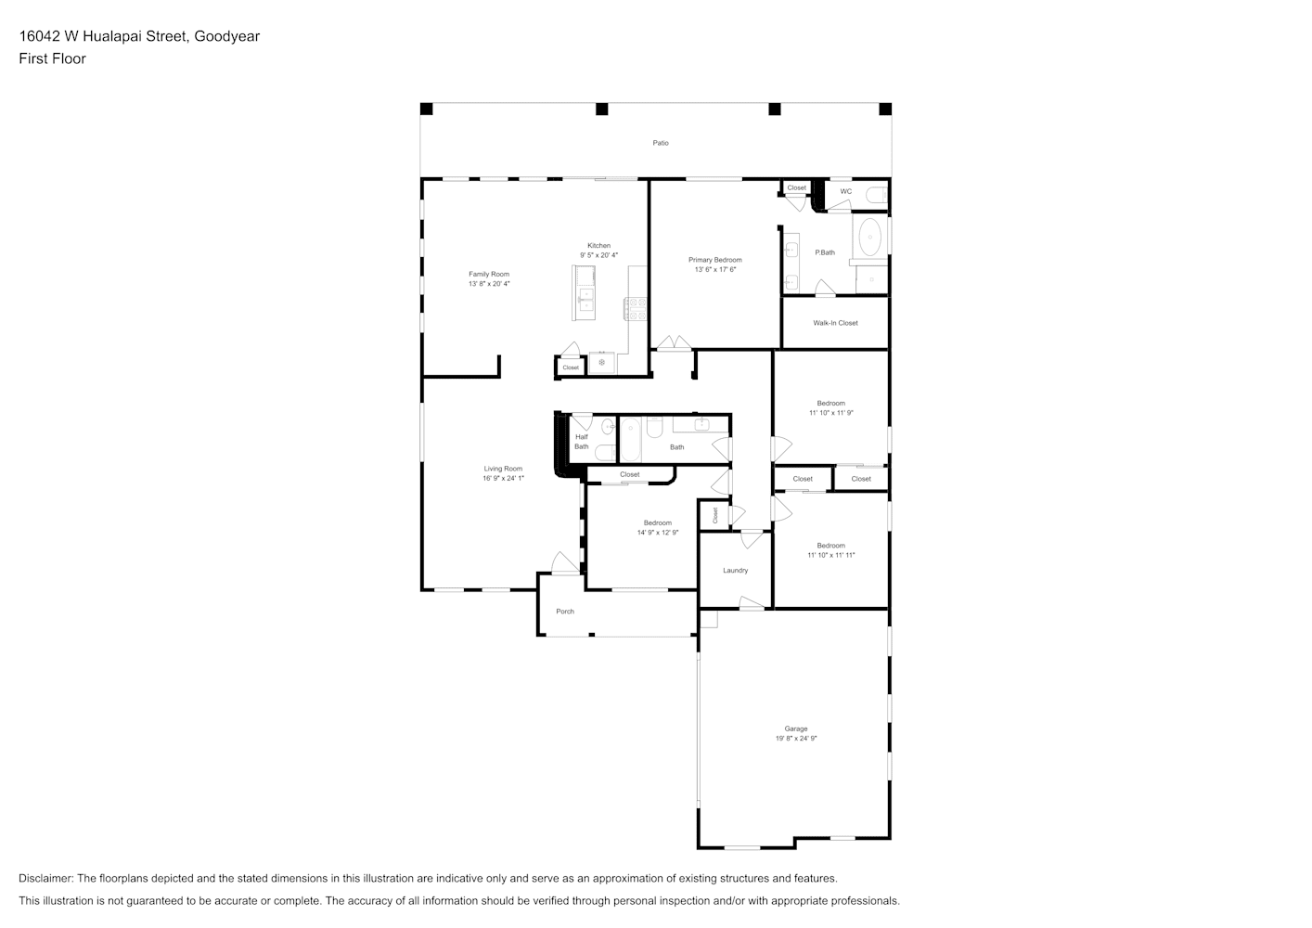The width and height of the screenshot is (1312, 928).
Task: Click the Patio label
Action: pos(660,143)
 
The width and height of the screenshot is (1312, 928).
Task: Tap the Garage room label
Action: pos(795,728)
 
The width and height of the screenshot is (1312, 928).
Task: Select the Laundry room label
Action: pos(735,571)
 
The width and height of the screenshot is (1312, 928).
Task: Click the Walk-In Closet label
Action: pos(835,323)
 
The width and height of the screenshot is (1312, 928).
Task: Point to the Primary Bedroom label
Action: pos(714,260)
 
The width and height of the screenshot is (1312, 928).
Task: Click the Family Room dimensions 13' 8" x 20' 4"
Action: pos(488,284)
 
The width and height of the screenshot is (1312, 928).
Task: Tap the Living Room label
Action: pos(503,469)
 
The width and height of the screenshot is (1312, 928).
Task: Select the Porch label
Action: pos(565,612)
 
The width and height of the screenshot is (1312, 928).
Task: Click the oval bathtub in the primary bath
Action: pos(870,238)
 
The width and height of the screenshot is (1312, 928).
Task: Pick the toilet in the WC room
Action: pos(876,195)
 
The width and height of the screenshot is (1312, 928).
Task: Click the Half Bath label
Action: pos(581,442)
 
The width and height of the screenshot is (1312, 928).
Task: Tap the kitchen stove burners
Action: pos(635,309)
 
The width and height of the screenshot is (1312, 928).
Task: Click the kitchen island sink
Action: pos(585,300)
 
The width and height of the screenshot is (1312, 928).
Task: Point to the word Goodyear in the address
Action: pos(227,36)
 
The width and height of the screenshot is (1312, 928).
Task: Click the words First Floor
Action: pos(52,58)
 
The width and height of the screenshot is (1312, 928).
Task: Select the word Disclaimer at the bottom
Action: pos(45,878)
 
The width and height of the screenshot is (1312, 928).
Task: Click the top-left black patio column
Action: pos(427,109)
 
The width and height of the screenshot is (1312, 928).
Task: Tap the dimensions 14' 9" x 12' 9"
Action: pos(657,533)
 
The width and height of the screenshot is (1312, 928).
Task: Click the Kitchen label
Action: pos(598,246)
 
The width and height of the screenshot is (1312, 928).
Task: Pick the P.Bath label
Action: pos(825,252)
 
